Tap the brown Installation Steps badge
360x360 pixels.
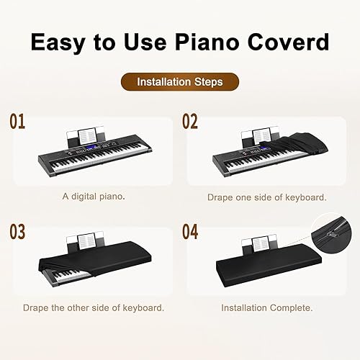(x=179, y=82)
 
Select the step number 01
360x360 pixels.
(x=17, y=121)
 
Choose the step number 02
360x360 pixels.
(x=189, y=121)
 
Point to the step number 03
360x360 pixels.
(x=17, y=233)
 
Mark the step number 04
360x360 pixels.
(x=191, y=233)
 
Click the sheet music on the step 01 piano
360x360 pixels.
(x=88, y=135)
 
